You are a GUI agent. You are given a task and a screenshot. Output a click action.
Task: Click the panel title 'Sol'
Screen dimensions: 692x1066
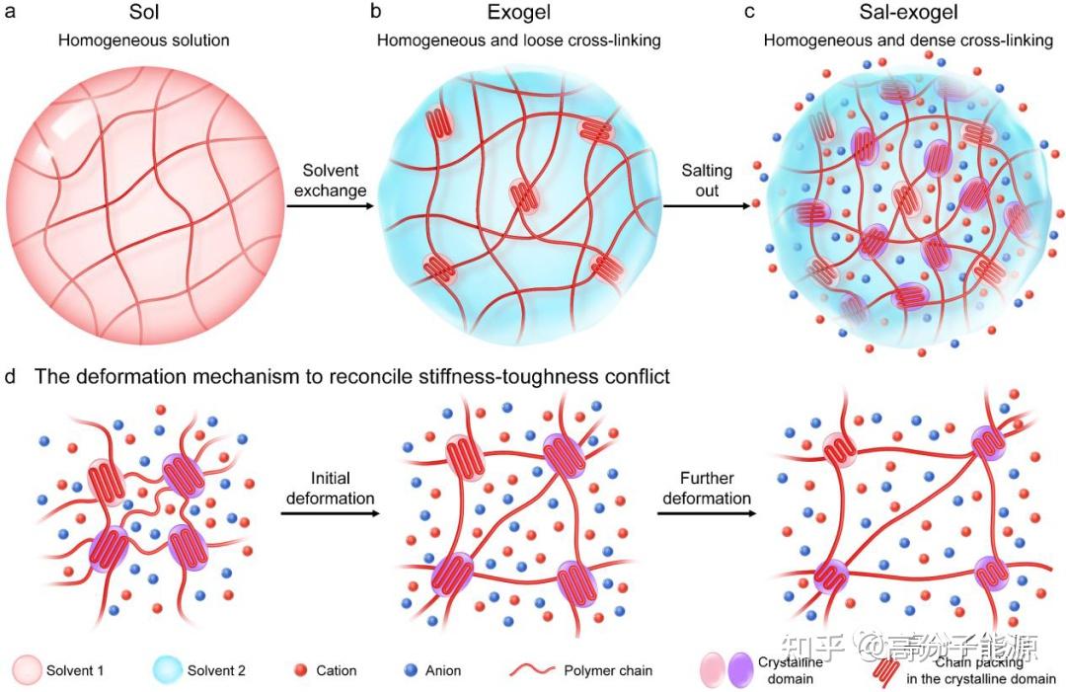pyautogui.click(x=144, y=15)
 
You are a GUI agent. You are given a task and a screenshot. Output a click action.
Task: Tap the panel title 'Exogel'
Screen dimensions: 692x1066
pyautogui.click(x=518, y=15)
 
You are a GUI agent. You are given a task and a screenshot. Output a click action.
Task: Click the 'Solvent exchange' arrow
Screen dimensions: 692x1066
pyautogui.click(x=329, y=206)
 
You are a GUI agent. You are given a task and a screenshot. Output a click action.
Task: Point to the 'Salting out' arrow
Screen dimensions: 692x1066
pyautogui.click(x=705, y=206)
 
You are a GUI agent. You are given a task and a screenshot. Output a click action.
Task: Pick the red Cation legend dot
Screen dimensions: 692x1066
pyautogui.click(x=302, y=670)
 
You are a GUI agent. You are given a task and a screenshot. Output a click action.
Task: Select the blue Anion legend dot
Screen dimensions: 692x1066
pyautogui.click(x=411, y=670)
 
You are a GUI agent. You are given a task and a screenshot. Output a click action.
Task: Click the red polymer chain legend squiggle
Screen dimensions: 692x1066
pyautogui.click(x=533, y=670)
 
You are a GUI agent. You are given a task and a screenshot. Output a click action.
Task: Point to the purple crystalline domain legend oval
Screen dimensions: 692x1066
pyautogui.click(x=737, y=670)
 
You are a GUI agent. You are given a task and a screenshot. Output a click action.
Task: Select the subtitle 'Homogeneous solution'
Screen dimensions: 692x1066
pyautogui.click(x=144, y=40)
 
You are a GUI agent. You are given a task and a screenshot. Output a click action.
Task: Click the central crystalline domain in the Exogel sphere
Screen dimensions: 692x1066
pyautogui.click(x=521, y=195)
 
